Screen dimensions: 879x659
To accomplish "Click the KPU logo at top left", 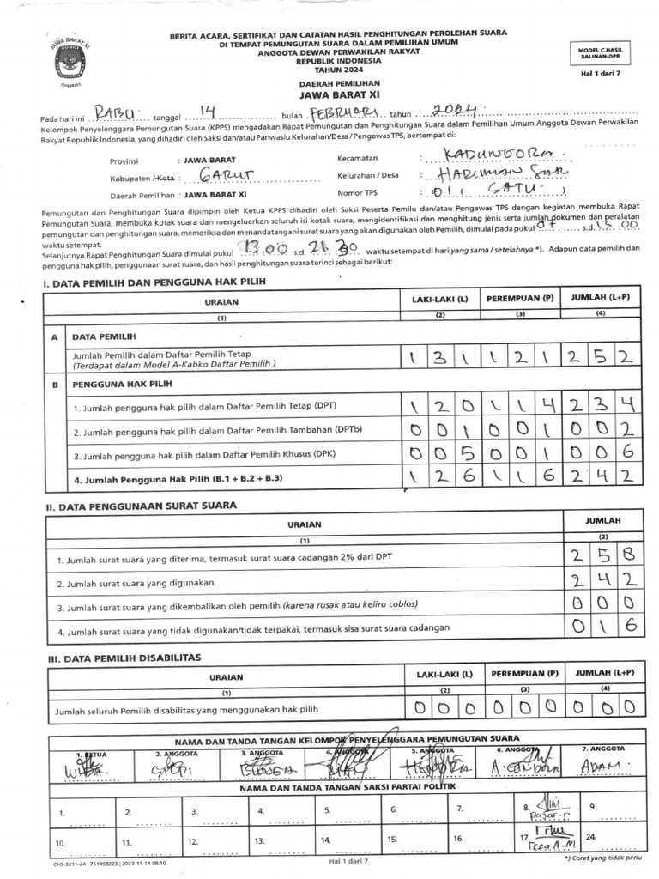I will click(64, 62).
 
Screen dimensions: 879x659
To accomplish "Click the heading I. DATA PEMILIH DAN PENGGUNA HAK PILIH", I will click(154, 282).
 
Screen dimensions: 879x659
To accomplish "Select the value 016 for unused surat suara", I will click(606, 626).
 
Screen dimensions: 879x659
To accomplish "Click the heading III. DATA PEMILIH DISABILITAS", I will click(123, 657).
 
